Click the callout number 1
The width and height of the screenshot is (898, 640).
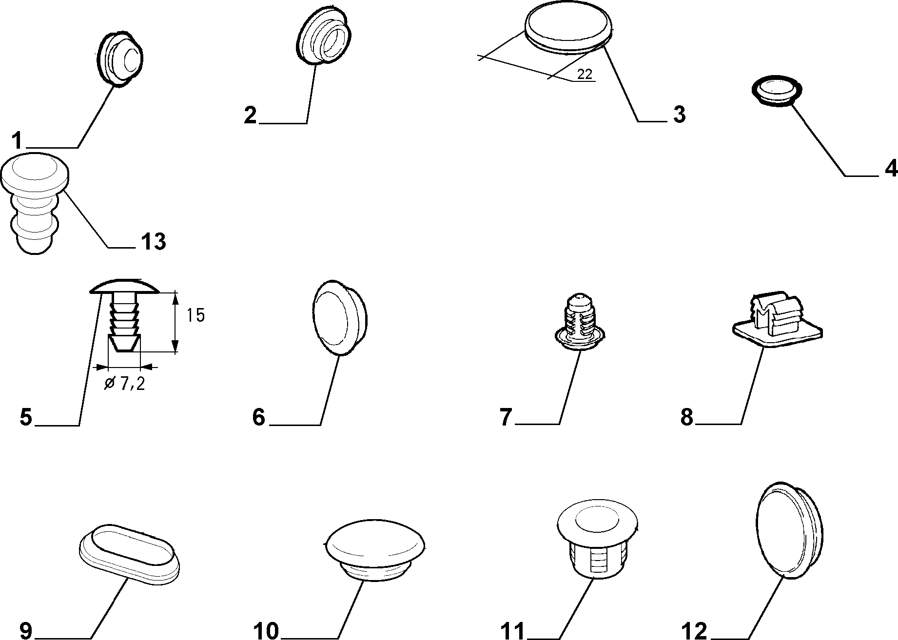(18, 141)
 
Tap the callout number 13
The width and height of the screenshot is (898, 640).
(153, 241)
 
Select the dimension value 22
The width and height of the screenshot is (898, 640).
(585, 74)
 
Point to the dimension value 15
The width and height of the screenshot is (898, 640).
(195, 315)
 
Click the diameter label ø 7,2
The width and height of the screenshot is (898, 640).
(125, 384)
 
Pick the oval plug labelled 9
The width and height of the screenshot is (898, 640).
(129, 554)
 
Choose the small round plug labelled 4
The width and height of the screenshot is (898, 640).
(775, 91)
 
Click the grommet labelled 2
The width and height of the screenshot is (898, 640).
(324, 35)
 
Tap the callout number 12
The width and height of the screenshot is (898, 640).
(695, 631)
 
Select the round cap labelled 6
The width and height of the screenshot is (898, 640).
(339, 317)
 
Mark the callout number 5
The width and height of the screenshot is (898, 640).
(26, 417)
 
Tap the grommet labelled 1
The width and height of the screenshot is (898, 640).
(118, 59)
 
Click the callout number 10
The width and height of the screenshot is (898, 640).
(266, 631)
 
